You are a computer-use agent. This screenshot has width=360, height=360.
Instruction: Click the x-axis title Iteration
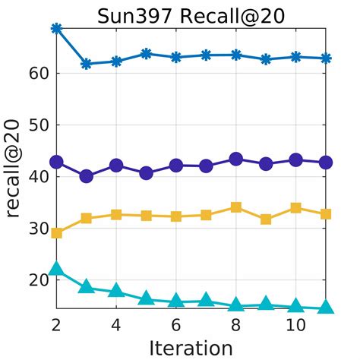pyautogui.click(x=191, y=347)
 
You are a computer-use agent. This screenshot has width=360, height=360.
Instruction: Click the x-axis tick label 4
pyautogui.click(x=116, y=324)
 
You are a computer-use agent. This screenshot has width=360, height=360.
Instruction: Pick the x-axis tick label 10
pyautogui.click(x=296, y=324)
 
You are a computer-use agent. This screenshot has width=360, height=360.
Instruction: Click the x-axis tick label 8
pyautogui.click(x=236, y=324)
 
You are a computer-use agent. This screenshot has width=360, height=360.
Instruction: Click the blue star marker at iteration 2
pyautogui.click(x=56, y=28)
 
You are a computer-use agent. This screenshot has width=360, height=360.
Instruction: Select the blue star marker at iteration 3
pyautogui.click(x=87, y=64)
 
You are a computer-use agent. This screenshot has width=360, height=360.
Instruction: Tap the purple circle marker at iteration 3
pyautogui.click(x=87, y=176)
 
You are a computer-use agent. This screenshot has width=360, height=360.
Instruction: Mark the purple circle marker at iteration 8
pyautogui.click(x=236, y=159)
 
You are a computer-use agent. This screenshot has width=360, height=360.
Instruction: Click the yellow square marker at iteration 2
pyautogui.click(x=56, y=232)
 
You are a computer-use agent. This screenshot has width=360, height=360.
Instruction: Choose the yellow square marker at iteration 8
pyautogui.click(x=236, y=207)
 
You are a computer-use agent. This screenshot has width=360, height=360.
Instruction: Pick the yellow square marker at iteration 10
pyautogui.click(x=296, y=207)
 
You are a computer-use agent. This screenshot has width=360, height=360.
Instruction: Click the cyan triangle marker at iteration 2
pyautogui.click(x=56, y=268)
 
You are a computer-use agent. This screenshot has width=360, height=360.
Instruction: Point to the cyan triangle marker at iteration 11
pyautogui.click(x=327, y=307)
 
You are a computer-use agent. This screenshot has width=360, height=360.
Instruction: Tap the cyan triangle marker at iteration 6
pyautogui.click(x=176, y=301)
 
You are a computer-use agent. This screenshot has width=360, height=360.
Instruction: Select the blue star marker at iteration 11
pyautogui.click(x=327, y=58)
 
